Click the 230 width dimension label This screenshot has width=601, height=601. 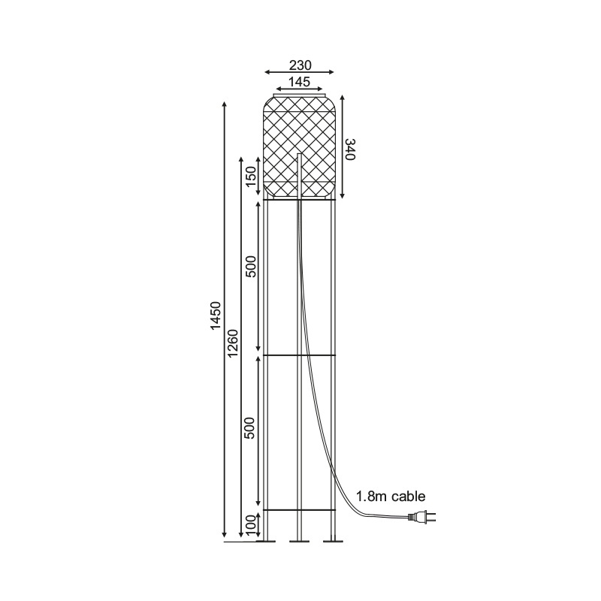pyautogui.click(x=300, y=65)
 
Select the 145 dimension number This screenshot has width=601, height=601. pyautogui.click(x=300, y=80)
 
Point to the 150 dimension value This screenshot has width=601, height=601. pyautogui.click(x=251, y=178)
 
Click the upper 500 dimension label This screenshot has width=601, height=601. pyautogui.click(x=251, y=266)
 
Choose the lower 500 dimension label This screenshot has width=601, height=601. pyautogui.click(x=251, y=427)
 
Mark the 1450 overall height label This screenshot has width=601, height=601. pyautogui.click(x=216, y=316)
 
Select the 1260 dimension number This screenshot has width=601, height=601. pyautogui.click(x=232, y=343)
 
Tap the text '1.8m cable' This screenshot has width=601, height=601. pyautogui.click(x=391, y=496)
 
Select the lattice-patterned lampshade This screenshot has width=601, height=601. pyautogui.click(x=300, y=146)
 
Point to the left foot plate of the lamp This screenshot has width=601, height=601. pyautogui.click(x=266, y=539)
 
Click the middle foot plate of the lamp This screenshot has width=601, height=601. pyautogui.click(x=300, y=539)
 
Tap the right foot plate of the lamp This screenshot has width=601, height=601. pyautogui.click(x=332, y=539)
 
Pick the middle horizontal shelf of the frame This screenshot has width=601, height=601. pyautogui.click(x=300, y=354)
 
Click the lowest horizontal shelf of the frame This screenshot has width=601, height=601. pyautogui.click(x=300, y=510)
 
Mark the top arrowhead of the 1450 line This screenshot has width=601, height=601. pyautogui.click(x=225, y=103)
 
